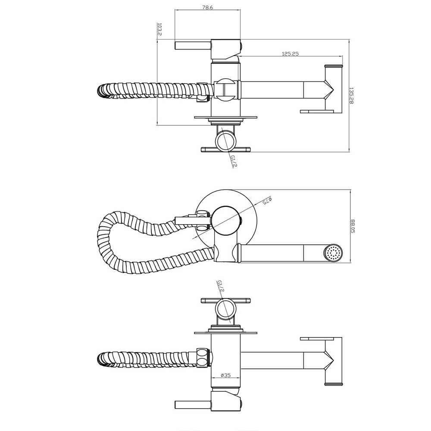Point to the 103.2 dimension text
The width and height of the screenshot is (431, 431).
pyautogui.click(x=159, y=29)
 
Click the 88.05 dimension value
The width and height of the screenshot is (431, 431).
pyautogui.click(x=353, y=226)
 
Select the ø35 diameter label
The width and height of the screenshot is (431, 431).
pyautogui.click(x=225, y=375)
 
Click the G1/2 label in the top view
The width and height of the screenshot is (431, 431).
pyautogui.click(x=233, y=161)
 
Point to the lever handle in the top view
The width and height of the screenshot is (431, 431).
pyautogui.click(x=192, y=45)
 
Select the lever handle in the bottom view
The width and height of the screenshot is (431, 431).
pyautogui.click(x=192, y=405)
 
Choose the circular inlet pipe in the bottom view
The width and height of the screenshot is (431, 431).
pyautogui.click(x=225, y=309)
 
